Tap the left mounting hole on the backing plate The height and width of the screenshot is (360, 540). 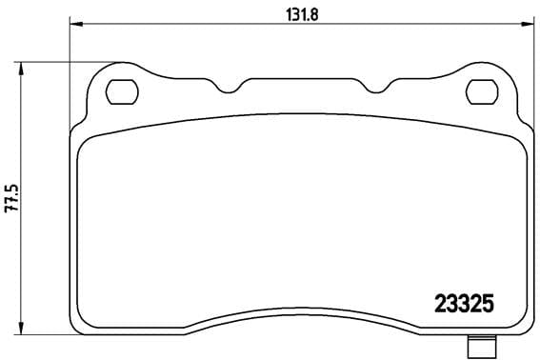121,91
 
